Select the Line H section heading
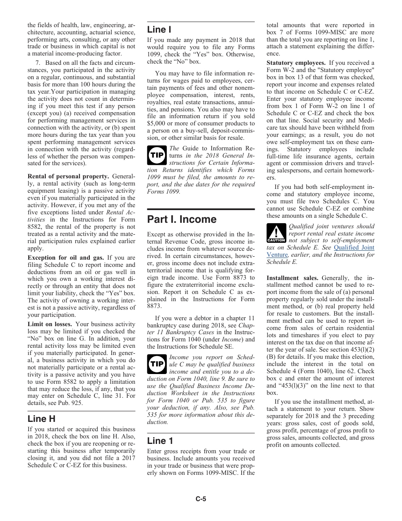[x=41, y=418]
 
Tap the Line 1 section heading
[x=160, y=441]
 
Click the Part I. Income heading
[x=182, y=219]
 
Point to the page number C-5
[x=201, y=499]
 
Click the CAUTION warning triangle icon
[x=276, y=233]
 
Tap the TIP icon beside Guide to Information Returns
[x=156, y=155]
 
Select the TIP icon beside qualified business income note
[x=156, y=364]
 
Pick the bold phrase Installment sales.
[x=292, y=278]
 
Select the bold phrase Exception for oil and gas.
[x=66, y=258]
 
